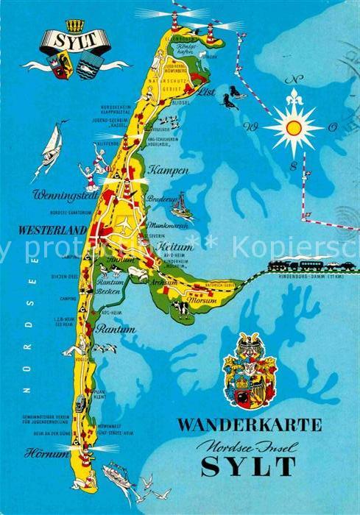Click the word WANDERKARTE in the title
(250, 425)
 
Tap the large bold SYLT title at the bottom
(248, 465)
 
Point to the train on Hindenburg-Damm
(294, 265)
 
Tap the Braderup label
(161, 199)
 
